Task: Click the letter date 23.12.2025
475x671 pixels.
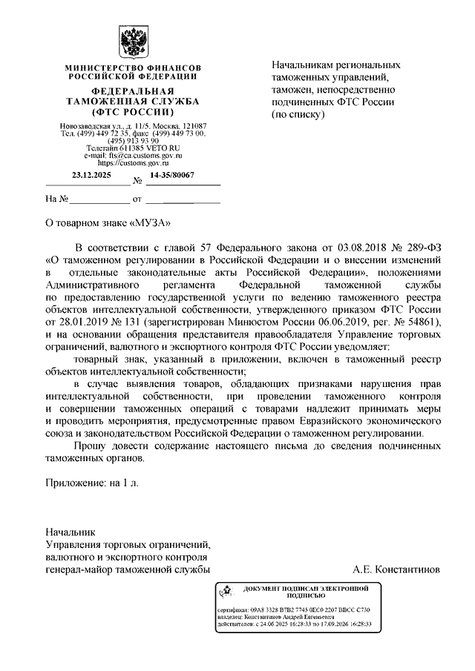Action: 91,175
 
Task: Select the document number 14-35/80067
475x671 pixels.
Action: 172,175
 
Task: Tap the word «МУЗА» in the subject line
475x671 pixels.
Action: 151,221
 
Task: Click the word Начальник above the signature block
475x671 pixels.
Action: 71,532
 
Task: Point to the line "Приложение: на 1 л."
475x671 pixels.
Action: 93,482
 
